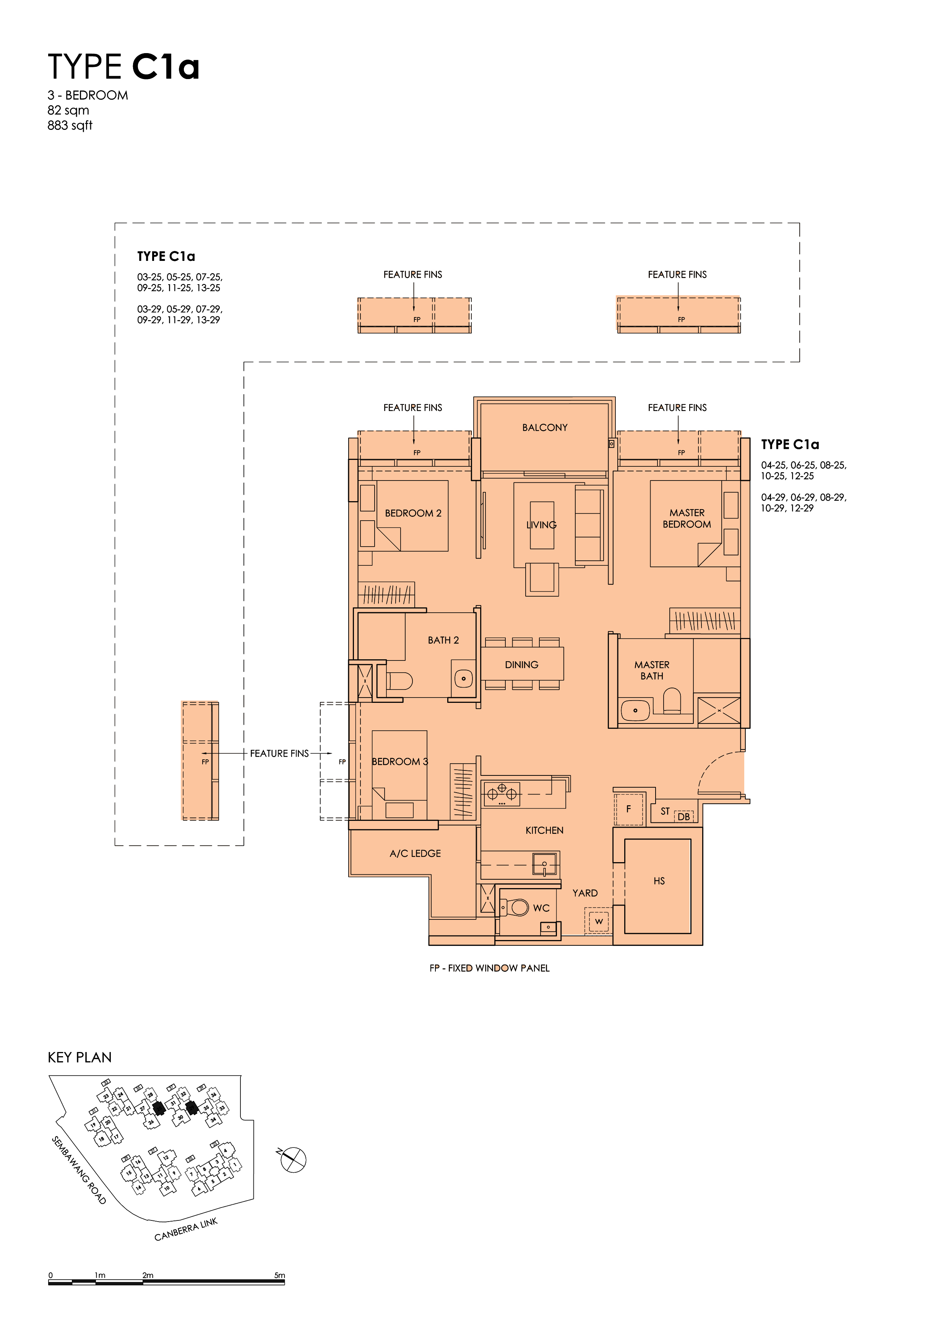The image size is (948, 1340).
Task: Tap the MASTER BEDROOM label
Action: tap(687, 518)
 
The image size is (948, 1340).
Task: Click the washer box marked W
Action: tap(599, 922)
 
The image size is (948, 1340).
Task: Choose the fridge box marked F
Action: tap(628, 809)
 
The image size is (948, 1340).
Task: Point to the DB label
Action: tap(683, 816)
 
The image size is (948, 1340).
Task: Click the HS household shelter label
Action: tap(659, 881)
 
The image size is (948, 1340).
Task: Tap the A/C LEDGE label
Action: tap(415, 853)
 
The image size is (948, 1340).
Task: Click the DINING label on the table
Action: tap(522, 665)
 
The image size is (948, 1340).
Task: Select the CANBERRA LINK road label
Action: tap(186, 1229)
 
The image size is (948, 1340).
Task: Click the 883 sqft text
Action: tap(70, 125)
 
